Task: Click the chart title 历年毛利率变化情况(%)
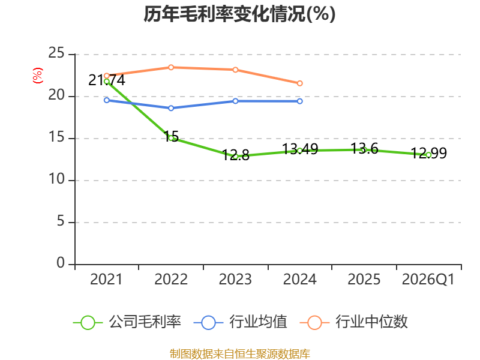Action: (239, 14)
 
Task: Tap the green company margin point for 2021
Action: (107, 81)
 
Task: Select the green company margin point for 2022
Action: (171, 138)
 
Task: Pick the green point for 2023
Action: (236, 157)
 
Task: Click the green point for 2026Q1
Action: (428, 155)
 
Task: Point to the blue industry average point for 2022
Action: (171, 108)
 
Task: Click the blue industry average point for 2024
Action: (300, 101)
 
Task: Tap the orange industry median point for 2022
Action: (171, 67)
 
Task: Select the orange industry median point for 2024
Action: (300, 83)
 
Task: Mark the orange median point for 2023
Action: (236, 70)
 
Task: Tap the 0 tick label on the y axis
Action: (61, 264)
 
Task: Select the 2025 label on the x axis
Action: (364, 280)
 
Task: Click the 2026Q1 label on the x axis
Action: (428, 280)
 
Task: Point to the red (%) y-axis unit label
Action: (38, 76)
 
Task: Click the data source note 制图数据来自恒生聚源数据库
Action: (239, 353)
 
